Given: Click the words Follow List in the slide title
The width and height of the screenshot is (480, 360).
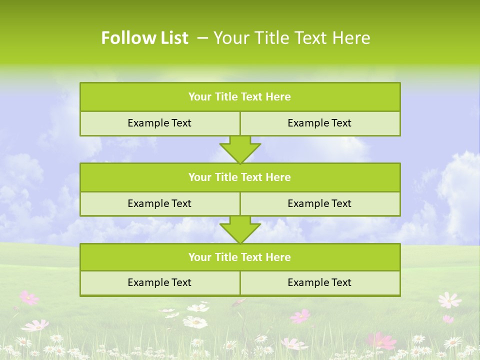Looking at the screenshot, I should pyautogui.click(x=144, y=38).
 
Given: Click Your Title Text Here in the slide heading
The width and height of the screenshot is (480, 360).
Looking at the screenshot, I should pyautogui.click(x=292, y=38).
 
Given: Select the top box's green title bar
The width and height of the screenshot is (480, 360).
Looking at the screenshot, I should pyautogui.click(x=240, y=97).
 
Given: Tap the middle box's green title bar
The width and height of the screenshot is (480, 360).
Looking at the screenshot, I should pyautogui.click(x=240, y=177).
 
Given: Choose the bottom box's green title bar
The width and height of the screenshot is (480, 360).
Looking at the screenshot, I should pyautogui.click(x=240, y=257).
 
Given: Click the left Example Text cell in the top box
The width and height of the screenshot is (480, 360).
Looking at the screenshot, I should pyautogui.click(x=159, y=123).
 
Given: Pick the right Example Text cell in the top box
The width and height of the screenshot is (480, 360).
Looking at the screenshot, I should pyautogui.click(x=319, y=123).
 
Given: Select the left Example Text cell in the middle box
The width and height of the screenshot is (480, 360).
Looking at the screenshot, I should pyautogui.click(x=159, y=203).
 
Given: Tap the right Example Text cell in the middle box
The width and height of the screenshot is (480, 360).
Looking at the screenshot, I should pyautogui.click(x=319, y=203).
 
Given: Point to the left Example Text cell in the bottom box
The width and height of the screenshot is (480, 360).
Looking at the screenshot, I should pyautogui.click(x=159, y=282).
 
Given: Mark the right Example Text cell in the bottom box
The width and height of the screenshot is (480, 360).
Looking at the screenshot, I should pyautogui.click(x=319, y=282).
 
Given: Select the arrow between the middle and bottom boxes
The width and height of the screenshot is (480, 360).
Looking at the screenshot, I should pyautogui.click(x=240, y=229).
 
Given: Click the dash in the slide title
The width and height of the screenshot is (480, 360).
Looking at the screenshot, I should pyautogui.click(x=202, y=38).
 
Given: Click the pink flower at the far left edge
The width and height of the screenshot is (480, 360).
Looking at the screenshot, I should pyautogui.click(x=29, y=298).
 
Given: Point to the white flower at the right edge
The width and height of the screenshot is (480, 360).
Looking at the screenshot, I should pyautogui.click(x=449, y=300).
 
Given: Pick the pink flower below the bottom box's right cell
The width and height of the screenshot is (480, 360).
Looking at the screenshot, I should pyautogui.click(x=300, y=316).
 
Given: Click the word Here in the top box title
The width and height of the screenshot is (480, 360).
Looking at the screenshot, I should pyautogui.click(x=278, y=97).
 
